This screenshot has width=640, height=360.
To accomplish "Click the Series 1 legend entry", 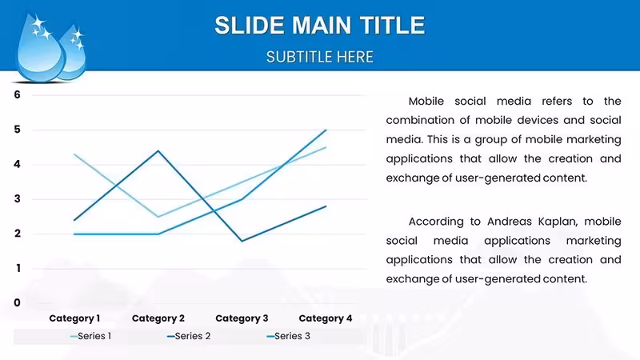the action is pos(90,336).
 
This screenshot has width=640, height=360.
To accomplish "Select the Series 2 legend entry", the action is pos(189,336).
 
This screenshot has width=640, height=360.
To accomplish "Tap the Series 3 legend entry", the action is pos(288,336).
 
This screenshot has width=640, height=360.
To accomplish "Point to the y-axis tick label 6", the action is pos(17,94).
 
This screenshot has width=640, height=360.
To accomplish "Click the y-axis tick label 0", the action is pos(17,302).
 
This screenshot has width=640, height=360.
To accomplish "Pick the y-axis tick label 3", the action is pos(17,198).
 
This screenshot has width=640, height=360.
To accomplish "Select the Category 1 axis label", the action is pos(74,318).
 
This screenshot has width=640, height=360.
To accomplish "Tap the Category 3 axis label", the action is pos(242,318).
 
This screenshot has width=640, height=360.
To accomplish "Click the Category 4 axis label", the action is pos(326,318).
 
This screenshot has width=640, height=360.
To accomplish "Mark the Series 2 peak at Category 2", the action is pos(158,151).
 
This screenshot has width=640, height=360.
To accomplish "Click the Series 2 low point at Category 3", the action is pos(242,241).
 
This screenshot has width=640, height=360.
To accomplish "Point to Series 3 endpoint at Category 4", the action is pos(326,130).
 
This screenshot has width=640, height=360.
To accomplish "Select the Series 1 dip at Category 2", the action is pos(158,216).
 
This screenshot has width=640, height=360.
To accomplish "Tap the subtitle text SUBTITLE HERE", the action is pos(319,57).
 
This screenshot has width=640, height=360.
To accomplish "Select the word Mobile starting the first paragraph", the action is pos(426,102).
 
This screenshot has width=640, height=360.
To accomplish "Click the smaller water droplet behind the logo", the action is pos(74,53).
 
